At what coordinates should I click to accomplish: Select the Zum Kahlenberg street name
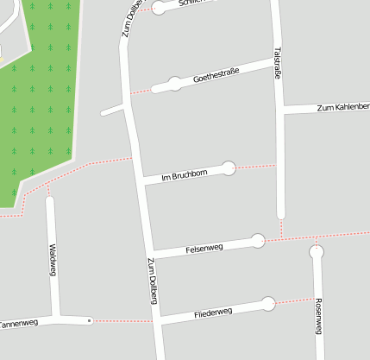tap(343, 107)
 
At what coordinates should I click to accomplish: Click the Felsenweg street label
tap(204, 249)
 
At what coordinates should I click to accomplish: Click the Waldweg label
tap(52, 259)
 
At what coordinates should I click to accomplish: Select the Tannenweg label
tap(17, 324)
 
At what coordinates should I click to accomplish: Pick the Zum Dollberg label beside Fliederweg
tap(152, 281)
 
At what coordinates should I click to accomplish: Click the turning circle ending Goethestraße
tap(175, 84)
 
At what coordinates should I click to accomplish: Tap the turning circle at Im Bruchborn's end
tap(229, 167)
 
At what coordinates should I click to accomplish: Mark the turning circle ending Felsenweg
tap(257, 241)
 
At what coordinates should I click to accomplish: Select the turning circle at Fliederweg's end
tap(268, 304)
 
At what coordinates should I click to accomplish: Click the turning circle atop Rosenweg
tap(317, 253)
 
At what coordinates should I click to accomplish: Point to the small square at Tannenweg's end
tap(90, 320)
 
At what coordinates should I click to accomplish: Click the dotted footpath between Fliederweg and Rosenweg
tap(294, 300)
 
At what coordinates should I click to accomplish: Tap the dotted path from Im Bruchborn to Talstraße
tap(256, 166)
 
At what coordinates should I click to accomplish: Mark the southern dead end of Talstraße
tap(280, 213)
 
